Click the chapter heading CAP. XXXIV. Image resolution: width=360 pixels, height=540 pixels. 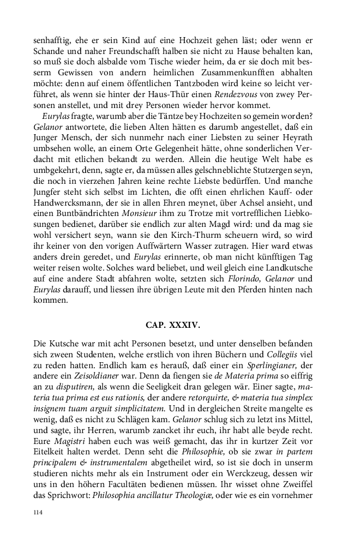(173, 325)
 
